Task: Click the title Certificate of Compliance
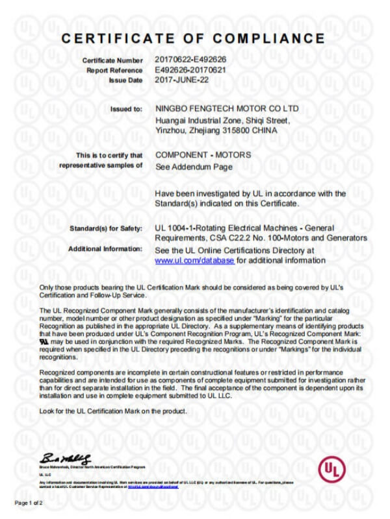(193, 38)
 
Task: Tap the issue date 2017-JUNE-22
(183, 80)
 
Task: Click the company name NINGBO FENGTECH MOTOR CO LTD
(227, 109)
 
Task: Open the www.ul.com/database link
(194, 260)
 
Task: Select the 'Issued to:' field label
(127, 110)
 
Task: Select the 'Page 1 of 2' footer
(29, 503)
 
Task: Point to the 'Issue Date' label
(123, 80)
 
